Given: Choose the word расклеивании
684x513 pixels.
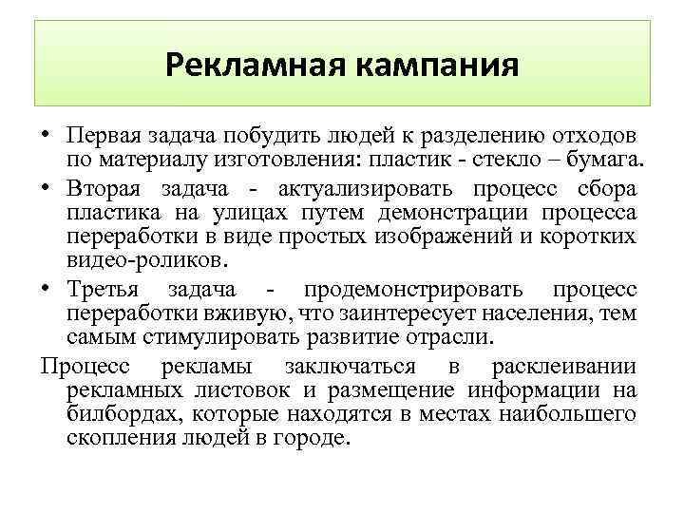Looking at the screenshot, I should [x=564, y=366].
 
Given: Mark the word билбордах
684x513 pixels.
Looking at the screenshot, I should [x=124, y=414].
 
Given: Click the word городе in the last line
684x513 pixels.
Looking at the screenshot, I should [x=315, y=440].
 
